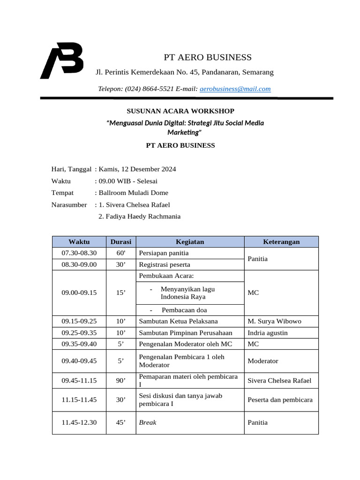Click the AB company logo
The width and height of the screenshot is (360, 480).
click(62, 60)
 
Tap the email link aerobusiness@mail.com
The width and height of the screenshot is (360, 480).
click(235, 89)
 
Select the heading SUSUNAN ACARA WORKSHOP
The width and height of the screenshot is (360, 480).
click(180, 111)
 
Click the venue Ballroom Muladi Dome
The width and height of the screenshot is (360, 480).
click(133, 193)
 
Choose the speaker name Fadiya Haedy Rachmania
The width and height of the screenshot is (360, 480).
click(139, 216)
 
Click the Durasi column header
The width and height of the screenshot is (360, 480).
click(120, 242)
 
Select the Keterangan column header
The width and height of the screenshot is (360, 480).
click(281, 242)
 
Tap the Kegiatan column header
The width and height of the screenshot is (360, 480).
click(190, 242)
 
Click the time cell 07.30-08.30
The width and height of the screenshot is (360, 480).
click(79, 253)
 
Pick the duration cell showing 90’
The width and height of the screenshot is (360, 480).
click(120, 381)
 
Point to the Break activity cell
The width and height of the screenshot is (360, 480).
click(148, 422)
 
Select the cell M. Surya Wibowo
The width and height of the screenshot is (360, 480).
click(274, 321)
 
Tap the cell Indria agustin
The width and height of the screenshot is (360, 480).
click(268, 333)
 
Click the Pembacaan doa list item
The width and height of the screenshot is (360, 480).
click(184, 310)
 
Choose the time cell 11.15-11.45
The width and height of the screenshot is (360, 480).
click(79, 400)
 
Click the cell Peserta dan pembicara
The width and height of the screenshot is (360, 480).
click(280, 400)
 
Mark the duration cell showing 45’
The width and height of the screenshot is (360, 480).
click(120, 422)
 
